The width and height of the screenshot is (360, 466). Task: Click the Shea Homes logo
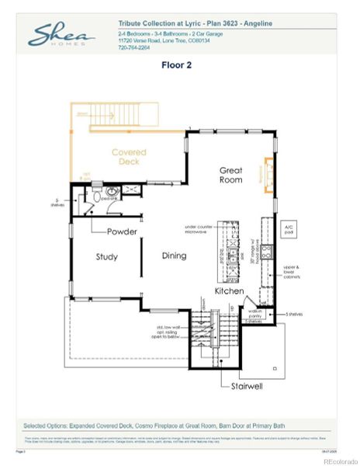pyautogui.click(x=61, y=35)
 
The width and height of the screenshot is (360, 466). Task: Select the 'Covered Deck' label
pyautogui.click(x=129, y=158)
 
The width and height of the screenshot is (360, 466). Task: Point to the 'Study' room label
pyautogui.click(x=106, y=256)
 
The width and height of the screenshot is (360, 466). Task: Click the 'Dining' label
pyautogui.click(x=174, y=256)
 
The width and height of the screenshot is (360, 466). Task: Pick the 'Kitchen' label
pyautogui.click(x=230, y=291)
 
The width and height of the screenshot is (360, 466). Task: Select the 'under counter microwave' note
pyautogui.click(x=199, y=230)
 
